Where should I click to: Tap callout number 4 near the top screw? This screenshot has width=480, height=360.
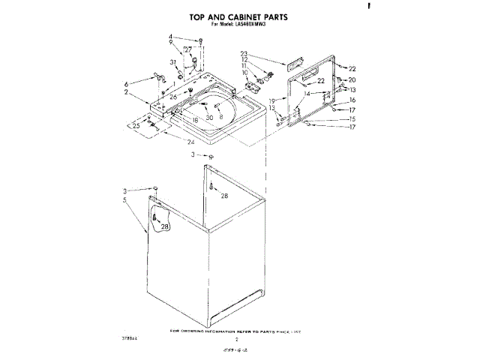[170, 37]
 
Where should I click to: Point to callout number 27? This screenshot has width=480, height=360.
[187, 49]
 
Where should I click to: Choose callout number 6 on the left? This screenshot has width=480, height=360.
[127, 83]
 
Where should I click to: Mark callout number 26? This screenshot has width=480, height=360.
[172, 97]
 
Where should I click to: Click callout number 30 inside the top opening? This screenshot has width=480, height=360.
[209, 118]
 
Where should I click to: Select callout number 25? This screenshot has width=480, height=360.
[136, 126]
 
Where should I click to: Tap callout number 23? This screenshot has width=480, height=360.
[244, 52]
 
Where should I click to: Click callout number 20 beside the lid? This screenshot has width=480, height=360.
[352, 79]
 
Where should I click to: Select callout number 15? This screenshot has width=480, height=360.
[352, 118]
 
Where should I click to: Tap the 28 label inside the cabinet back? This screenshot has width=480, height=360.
[224, 196]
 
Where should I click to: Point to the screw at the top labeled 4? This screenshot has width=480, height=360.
[179, 40]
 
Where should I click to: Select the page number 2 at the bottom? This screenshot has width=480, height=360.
[235, 340]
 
